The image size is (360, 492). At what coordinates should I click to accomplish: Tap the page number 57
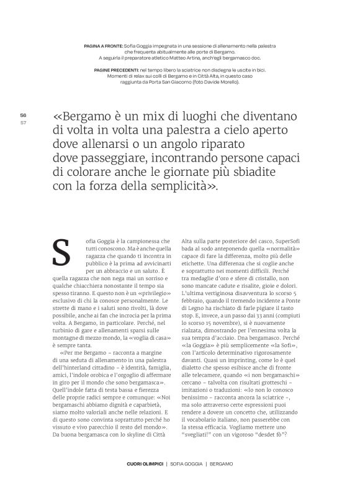pos(23,122)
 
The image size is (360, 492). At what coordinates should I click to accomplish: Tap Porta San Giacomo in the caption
pos(172,81)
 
